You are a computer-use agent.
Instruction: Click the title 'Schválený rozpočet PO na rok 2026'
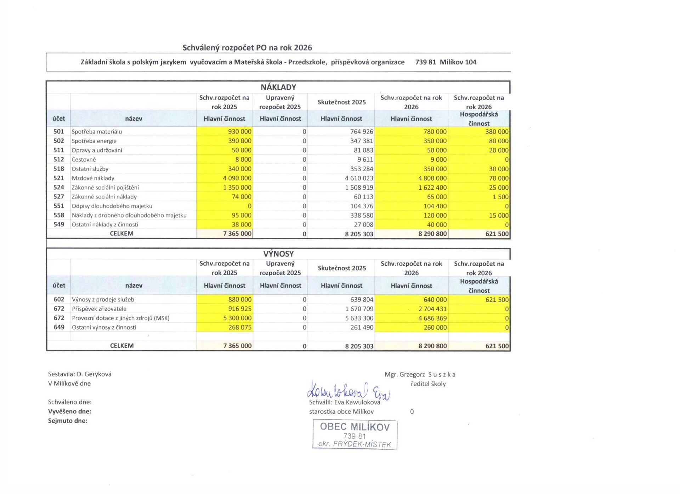[x=247, y=48]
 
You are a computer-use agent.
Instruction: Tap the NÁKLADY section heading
[x=278, y=87]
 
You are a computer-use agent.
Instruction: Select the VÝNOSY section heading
[x=278, y=254]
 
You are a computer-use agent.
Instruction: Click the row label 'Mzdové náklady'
[x=93, y=178]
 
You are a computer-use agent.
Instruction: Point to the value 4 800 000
[x=432, y=178]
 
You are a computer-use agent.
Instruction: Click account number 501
[x=59, y=132]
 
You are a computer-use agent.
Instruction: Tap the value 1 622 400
[x=432, y=188]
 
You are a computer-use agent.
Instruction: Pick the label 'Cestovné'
[x=84, y=160]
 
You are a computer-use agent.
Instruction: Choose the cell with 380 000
[x=497, y=132]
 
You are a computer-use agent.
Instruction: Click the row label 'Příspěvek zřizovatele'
[x=99, y=309]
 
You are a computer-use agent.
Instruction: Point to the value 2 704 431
[x=432, y=309]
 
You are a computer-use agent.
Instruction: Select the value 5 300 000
[x=237, y=318]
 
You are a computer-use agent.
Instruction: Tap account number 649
[x=59, y=327]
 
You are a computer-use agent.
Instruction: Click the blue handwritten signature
[x=348, y=391]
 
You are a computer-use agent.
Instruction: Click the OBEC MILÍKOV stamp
[x=355, y=435]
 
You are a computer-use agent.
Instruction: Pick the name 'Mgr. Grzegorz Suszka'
[x=420, y=374]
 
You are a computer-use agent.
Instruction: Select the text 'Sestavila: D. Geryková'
[x=80, y=374]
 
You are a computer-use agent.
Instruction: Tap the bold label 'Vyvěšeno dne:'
[x=70, y=411]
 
